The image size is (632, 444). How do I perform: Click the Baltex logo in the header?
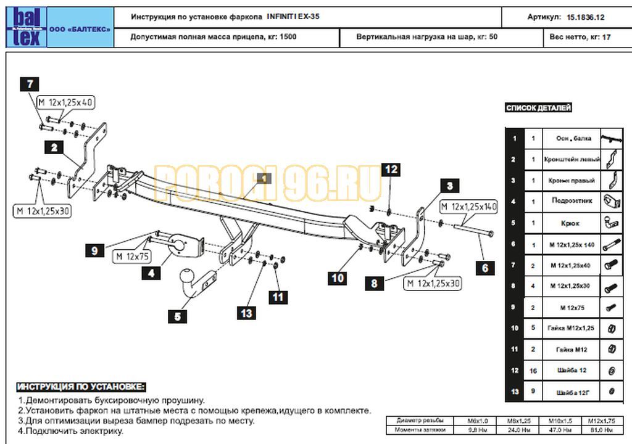[25, 27]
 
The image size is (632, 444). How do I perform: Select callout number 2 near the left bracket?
[54, 147]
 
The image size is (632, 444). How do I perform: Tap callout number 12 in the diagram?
[391, 170]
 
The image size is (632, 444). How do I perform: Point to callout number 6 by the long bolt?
[485, 267]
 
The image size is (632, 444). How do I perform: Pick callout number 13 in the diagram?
[246, 313]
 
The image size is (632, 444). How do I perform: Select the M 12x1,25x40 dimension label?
[65, 102]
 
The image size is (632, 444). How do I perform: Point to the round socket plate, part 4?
[179, 245]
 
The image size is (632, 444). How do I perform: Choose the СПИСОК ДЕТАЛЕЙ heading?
[539, 108]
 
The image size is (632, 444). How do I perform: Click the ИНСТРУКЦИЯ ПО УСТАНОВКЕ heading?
[81, 387]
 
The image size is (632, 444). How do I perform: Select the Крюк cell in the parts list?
[572, 223]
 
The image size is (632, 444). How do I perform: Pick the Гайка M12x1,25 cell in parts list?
[572, 328]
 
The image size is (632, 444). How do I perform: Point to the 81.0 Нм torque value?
[600, 429]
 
